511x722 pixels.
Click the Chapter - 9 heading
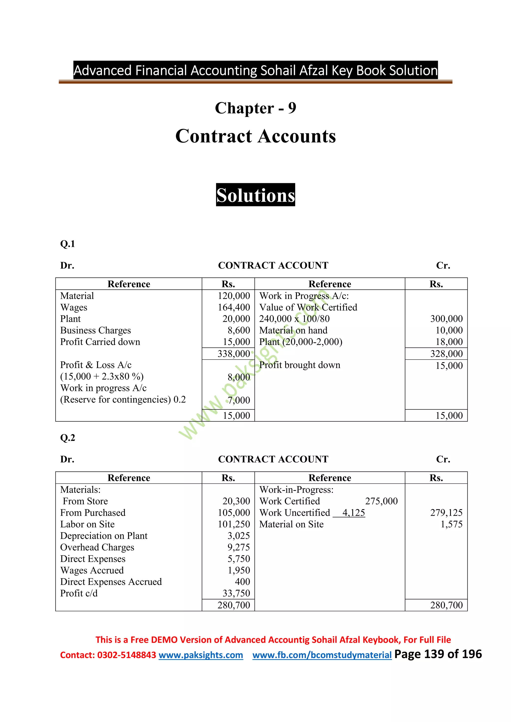(255, 108)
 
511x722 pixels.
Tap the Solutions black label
(255, 195)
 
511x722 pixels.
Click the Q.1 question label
(67, 244)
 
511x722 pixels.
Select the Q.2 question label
(67, 438)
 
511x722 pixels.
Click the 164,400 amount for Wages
(234, 307)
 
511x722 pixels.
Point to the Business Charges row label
(95, 330)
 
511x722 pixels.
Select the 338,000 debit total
(234, 354)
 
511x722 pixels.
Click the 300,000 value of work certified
(446, 319)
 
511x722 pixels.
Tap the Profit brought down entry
(300, 365)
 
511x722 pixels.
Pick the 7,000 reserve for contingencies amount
(239, 400)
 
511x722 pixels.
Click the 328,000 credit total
(446, 354)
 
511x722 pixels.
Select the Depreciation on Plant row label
(104, 536)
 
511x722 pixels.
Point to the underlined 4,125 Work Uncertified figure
(353, 513)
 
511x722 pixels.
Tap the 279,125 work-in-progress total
(446, 513)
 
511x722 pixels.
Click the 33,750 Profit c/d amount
(236, 593)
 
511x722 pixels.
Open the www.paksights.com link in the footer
(201, 655)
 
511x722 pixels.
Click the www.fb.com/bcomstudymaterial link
(322, 655)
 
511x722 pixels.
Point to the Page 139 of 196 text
(438, 654)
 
